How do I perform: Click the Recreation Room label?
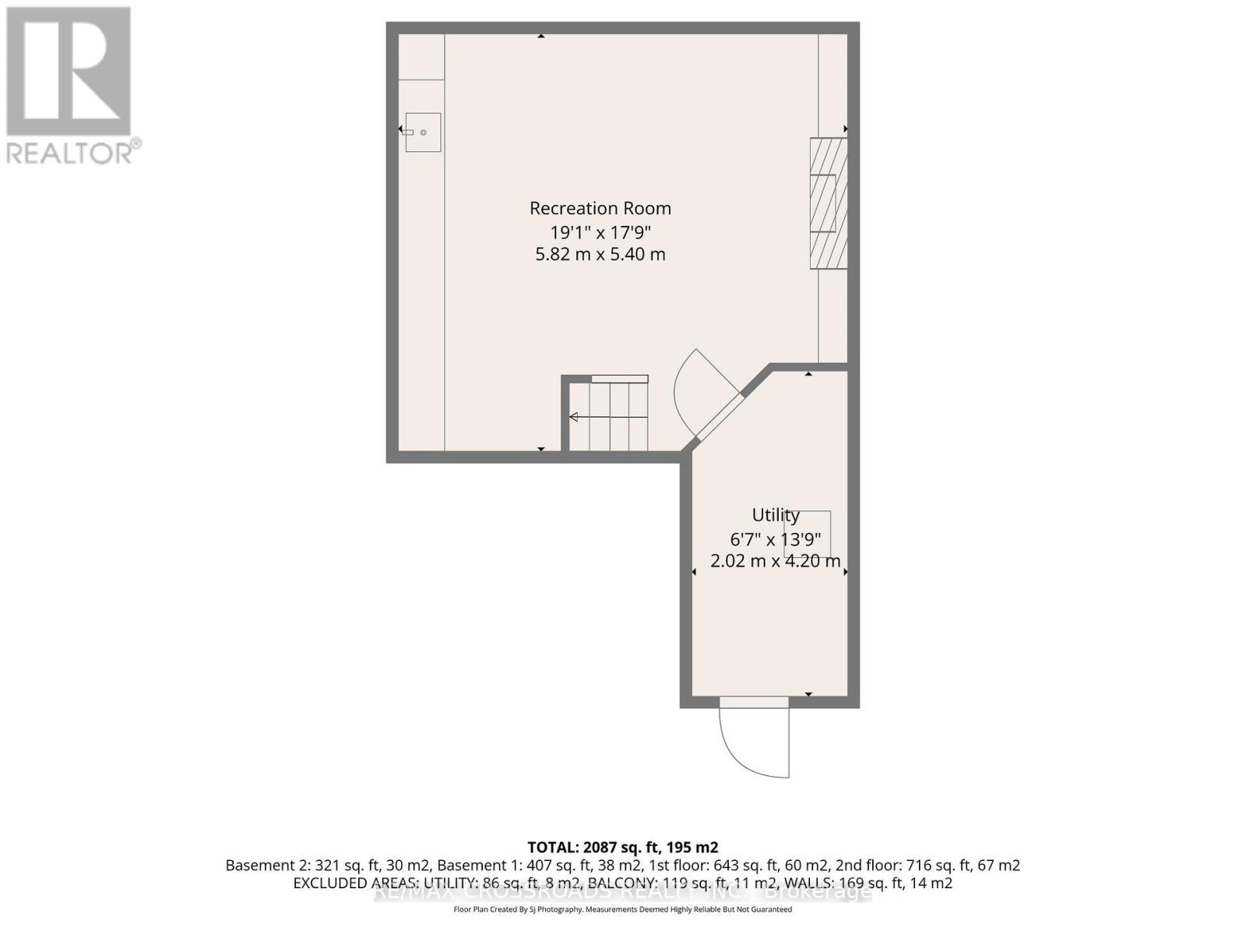pyautogui.click(x=600, y=208)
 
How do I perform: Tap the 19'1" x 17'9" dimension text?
pyautogui.click(x=600, y=232)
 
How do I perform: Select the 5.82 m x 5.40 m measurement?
pyautogui.click(x=600, y=254)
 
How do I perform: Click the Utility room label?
pyautogui.click(x=775, y=515)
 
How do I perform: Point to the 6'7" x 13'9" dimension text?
pyautogui.click(x=775, y=538)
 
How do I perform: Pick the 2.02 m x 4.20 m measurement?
pyautogui.click(x=775, y=561)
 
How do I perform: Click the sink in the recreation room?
pyautogui.click(x=423, y=132)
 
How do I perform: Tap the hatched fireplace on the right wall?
pyautogui.click(x=828, y=203)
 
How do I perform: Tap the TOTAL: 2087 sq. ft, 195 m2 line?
pyautogui.click(x=622, y=847)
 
